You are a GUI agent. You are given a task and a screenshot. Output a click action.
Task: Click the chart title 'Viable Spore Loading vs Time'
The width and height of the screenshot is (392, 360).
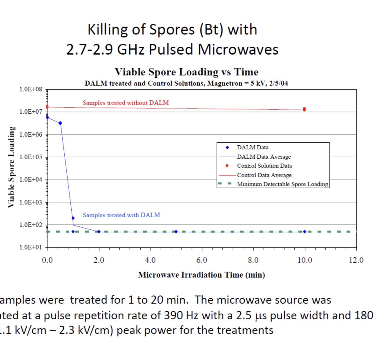coord(186,72)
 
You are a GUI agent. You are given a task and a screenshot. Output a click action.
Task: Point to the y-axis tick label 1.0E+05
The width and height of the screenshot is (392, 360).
coord(31,157)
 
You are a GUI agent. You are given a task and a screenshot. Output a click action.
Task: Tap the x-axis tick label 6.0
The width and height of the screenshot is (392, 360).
coord(202,260)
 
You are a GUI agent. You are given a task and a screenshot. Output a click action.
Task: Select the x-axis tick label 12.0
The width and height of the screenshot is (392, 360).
coord(356,260)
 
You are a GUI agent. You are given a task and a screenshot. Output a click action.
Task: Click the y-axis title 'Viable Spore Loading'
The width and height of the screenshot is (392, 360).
coord(11,167)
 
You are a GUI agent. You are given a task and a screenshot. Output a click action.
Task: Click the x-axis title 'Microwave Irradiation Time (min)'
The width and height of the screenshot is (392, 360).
coord(201,275)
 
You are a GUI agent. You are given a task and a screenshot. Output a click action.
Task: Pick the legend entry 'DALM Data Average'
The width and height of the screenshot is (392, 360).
coord(264,157)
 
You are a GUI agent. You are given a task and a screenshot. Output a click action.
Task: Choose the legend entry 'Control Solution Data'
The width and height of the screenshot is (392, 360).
coord(264,166)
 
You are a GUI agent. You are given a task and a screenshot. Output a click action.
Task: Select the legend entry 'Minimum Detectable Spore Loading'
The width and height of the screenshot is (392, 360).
coord(282,184)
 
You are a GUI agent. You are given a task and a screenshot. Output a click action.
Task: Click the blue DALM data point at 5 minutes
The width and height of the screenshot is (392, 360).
coord(176,232)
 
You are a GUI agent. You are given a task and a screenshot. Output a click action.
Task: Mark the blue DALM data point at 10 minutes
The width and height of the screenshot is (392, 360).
coord(305,232)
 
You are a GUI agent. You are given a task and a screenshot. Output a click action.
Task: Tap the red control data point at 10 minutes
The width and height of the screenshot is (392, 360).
coord(304,109)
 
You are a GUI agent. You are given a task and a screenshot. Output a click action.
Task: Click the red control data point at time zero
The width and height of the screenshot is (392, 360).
coord(47,107)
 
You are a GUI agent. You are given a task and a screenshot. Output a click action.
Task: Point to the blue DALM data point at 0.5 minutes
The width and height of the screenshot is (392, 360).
coord(60,123)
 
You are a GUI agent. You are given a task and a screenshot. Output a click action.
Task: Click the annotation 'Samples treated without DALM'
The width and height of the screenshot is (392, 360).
coord(126,103)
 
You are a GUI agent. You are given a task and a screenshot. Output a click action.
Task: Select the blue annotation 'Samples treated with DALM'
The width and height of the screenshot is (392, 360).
coord(121,215)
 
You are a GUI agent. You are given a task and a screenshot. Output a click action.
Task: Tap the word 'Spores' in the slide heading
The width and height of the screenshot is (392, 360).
coord(172,30)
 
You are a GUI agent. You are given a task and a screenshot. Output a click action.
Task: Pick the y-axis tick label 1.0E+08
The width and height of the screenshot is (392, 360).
coord(31,89)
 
